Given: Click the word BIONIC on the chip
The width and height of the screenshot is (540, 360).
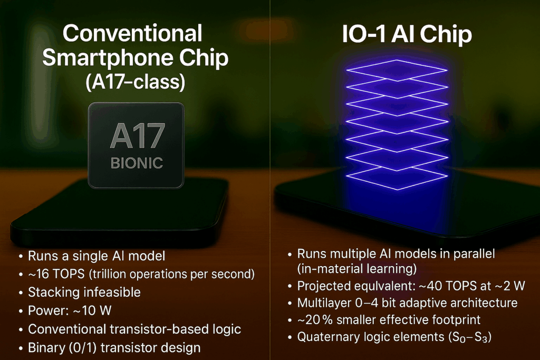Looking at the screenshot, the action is (x=137, y=163).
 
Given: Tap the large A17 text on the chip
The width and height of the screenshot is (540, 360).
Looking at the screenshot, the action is (x=138, y=136).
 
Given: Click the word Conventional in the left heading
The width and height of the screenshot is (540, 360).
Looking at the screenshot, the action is (x=132, y=33).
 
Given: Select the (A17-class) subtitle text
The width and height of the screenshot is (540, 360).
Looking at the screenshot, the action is (x=136, y=82).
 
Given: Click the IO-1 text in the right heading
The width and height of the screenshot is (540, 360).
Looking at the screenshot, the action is (x=363, y=34).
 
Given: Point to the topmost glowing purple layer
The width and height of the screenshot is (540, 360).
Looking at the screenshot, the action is (x=397, y=70).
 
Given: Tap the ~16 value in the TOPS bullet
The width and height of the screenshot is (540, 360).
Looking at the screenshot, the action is (x=38, y=274).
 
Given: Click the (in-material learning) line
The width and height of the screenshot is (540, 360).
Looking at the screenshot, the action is (x=357, y=268).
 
